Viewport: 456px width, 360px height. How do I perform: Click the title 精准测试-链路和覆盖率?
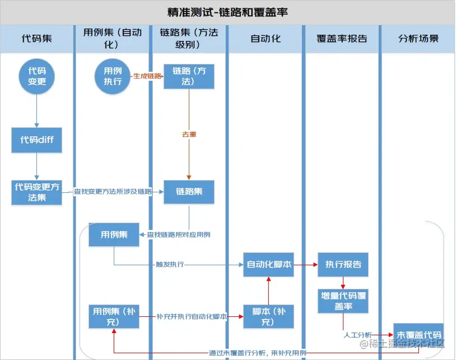click(x=227, y=12)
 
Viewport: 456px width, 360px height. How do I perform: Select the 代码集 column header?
click(x=37, y=39)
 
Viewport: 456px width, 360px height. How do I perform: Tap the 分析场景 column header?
click(x=418, y=39)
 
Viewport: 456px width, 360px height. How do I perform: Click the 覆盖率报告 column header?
click(x=342, y=39)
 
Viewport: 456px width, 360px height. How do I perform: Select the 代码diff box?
click(x=37, y=140)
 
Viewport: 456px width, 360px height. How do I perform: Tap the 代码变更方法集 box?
click(x=38, y=192)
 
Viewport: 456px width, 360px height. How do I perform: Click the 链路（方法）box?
click(x=189, y=76)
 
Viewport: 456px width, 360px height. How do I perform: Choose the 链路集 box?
click(x=189, y=192)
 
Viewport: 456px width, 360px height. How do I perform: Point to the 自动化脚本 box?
click(x=269, y=265)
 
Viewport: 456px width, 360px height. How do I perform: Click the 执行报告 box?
click(x=343, y=265)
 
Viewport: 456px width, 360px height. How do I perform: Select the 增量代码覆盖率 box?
click(x=343, y=301)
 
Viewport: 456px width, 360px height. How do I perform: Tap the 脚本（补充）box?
click(x=269, y=316)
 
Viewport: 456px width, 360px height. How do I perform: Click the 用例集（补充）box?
click(x=113, y=316)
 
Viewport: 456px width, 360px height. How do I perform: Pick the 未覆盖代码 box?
click(x=418, y=334)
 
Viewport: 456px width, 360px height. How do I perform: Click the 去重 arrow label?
click(x=189, y=135)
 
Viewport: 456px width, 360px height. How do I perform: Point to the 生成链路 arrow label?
click(x=147, y=76)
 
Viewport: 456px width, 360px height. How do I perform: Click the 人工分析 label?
click(x=357, y=335)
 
